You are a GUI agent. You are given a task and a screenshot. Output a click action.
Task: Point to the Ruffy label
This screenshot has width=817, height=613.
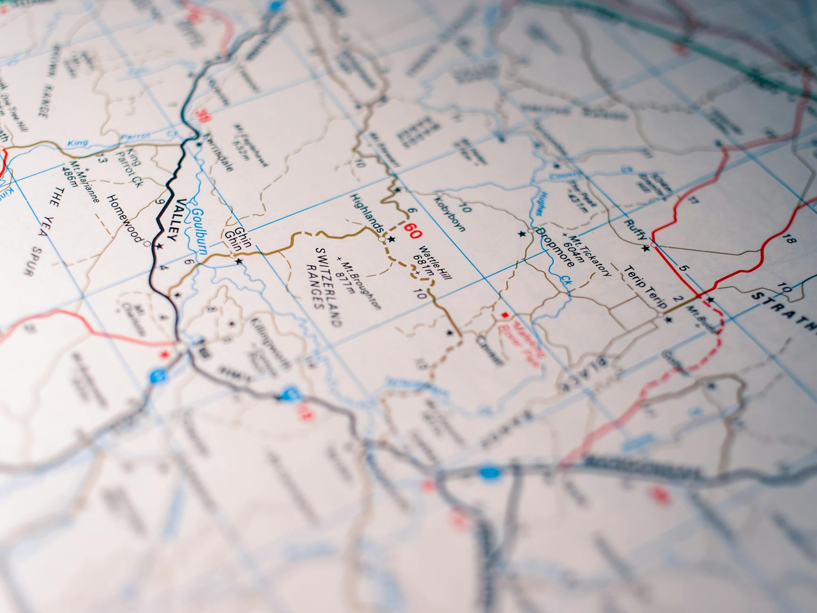coord(635,230)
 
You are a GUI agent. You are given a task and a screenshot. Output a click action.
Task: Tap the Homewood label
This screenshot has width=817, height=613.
coord(124,217)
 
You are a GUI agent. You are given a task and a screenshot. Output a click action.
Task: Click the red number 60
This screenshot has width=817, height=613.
coord(413,232)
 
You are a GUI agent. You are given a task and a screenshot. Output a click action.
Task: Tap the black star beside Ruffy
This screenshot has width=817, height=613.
coord(646,249)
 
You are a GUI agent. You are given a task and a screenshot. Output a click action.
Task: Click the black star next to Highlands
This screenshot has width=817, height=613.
coord(392,240)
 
